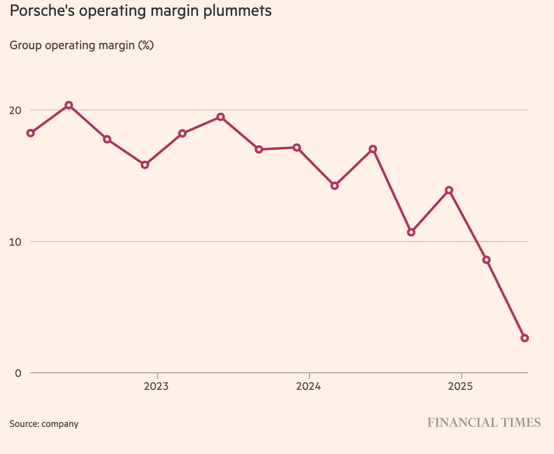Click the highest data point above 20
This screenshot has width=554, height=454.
pos(69,105)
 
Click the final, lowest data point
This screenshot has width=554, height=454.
pos(525,338)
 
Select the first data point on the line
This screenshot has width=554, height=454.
pos(30,133)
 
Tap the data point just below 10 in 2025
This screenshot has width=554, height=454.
pos(486,260)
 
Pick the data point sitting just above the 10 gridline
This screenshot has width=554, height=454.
pos(411,232)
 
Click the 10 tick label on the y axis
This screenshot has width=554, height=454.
pos(15,242)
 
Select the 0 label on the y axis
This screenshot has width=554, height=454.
pos(18,373)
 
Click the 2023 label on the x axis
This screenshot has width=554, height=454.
pos(156,387)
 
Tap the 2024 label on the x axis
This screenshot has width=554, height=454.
pos(309,387)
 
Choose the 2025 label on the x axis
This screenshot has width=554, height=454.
pos(461,387)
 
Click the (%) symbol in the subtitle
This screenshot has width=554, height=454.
pos(146,45)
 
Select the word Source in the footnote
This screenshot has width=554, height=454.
pos(23,424)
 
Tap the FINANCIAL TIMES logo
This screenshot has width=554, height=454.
pos(484,423)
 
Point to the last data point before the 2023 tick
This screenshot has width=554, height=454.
pos(145,165)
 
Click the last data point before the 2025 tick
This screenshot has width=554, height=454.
pos(449,190)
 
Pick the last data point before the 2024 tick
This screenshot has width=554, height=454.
pos(297,147)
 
